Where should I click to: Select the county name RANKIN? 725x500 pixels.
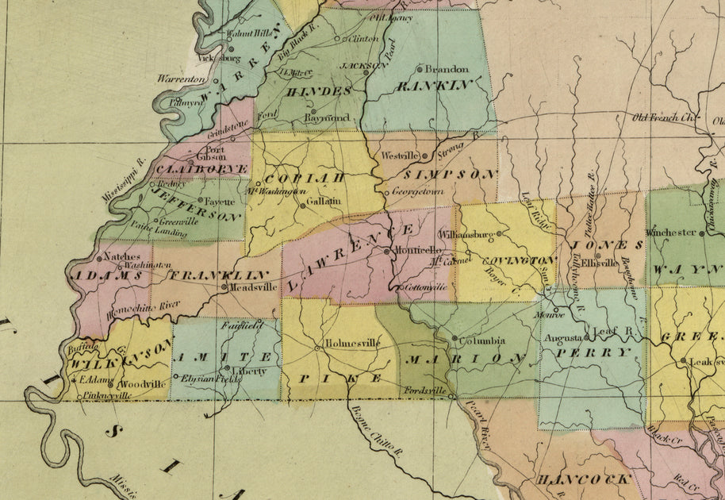click(x=435, y=85)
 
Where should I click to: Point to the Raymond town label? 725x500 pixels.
click(x=326, y=117)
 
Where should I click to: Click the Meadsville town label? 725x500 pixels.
click(x=254, y=287)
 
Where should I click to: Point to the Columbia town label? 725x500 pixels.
click(x=483, y=340)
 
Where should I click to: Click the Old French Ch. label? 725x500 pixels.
click(x=663, y=117)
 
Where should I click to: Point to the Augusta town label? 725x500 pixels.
click(x=562, y=337)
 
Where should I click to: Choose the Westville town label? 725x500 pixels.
click(x=399, y=156)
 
